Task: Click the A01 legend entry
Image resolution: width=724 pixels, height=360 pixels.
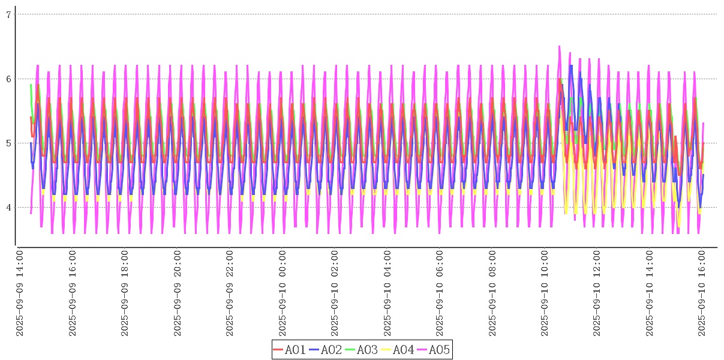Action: [x=290, y=350]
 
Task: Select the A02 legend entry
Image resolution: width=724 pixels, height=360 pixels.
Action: [x=326, y=350]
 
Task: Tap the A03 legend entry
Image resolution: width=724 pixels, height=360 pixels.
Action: [x=362, y=350]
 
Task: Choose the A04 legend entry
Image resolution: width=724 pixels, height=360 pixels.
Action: [x=398, y=350]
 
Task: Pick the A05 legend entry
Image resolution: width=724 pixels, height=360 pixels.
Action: [x=434, y=350]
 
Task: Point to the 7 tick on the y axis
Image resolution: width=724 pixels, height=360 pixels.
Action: [x=8, y=14]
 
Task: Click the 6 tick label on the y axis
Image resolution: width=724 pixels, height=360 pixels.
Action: [x=8, y=79]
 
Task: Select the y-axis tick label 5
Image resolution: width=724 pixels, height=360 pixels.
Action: [x=8, y=143]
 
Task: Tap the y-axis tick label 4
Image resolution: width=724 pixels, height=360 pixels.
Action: [x=8, y=208]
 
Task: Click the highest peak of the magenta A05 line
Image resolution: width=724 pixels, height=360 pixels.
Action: [x=559, y=46]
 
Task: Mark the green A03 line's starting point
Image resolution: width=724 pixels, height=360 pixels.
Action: [x=31, y=85]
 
